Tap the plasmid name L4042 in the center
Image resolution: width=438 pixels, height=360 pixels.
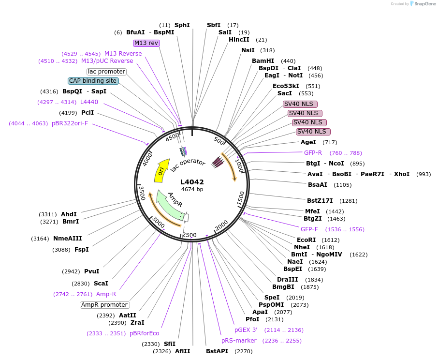[192, 182]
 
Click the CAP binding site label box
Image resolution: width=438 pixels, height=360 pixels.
[93, 81]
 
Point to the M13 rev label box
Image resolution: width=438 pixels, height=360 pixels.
[146, 43]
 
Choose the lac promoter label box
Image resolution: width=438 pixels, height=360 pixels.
[106, 72]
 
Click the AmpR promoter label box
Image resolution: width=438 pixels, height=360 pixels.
[105, 305]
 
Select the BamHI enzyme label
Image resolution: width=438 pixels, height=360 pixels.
[263, 61]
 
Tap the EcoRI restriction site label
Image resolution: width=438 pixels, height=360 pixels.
[306, 240]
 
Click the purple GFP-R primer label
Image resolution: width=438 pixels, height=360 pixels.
[313, 153]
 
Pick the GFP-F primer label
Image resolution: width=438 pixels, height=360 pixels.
[309, 229]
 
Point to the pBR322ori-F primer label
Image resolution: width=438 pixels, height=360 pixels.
[70, 123]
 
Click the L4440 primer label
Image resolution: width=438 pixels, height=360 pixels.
[89, 102]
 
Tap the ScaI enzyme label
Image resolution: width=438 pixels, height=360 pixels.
[101, 284]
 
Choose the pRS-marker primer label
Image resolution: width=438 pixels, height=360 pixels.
[239, 341]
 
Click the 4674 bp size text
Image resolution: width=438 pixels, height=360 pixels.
[192, 190]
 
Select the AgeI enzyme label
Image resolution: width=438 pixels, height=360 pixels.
[308, 142]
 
